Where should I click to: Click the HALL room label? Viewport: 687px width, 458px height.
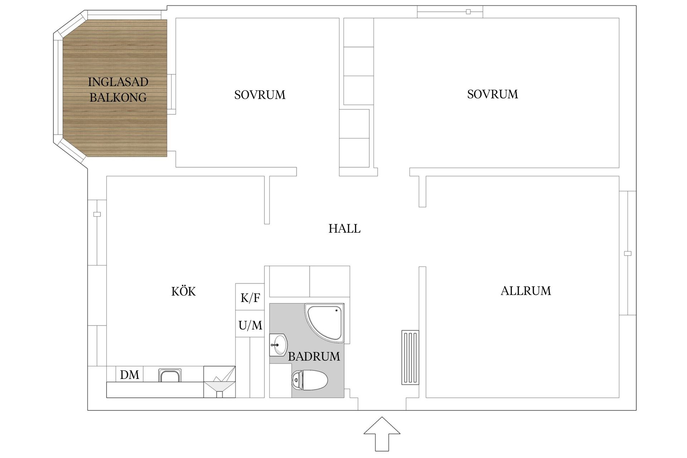344,228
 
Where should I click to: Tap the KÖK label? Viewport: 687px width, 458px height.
184,291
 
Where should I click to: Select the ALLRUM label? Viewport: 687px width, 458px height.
526,291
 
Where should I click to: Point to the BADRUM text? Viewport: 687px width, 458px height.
314,356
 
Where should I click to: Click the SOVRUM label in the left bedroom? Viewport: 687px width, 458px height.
260,95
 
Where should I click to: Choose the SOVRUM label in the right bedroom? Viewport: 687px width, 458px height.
492,94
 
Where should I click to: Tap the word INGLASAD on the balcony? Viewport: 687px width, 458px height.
118,82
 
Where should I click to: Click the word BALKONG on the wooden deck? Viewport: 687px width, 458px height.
118,97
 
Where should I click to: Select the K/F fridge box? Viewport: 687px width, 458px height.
250,297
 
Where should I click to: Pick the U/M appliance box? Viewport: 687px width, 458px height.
250,325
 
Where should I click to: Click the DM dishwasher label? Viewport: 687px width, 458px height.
130,375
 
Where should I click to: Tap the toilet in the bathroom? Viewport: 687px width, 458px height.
310,380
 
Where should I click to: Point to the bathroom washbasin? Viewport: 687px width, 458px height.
278,345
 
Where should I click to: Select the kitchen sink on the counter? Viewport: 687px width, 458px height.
170,376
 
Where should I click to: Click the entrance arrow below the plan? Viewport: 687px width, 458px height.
382,433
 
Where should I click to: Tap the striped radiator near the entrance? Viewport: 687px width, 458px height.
410,357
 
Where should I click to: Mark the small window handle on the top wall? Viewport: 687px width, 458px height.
468,12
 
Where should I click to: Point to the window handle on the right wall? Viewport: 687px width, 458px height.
628,253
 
